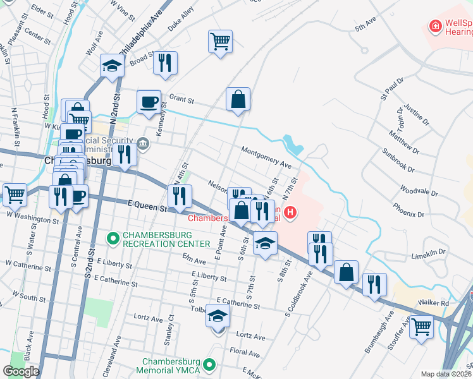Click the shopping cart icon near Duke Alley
pos(220,42)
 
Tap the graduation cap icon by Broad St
pos(112,65)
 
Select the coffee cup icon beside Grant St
pos(149,101)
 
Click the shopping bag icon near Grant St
pos(238,99)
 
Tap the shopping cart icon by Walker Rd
pos(421,327)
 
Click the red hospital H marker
pos(290,213)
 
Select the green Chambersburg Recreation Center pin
pos(113,238)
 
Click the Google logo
pos(21,371)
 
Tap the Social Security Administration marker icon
pos(144,142)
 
